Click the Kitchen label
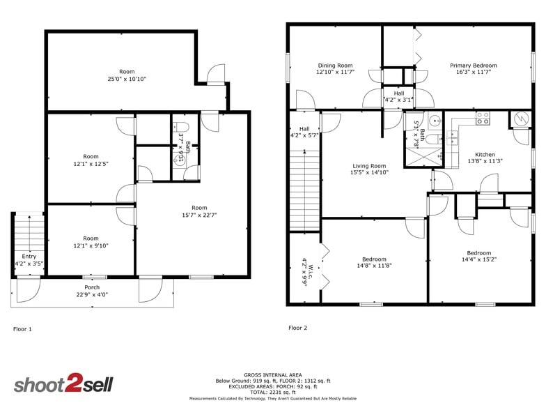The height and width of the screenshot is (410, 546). pos(485,155)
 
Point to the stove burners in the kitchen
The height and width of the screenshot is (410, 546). pos(482,120)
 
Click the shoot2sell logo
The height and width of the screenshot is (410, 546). pos(63,384)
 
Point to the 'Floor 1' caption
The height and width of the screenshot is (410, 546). pos(22,328)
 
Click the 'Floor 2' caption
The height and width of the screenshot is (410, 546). pos(297,327)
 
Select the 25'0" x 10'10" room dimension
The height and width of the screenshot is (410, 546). pos(127,79)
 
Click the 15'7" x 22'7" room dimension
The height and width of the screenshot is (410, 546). pos(199,215)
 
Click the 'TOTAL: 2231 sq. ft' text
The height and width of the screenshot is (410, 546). pos(272,392)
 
